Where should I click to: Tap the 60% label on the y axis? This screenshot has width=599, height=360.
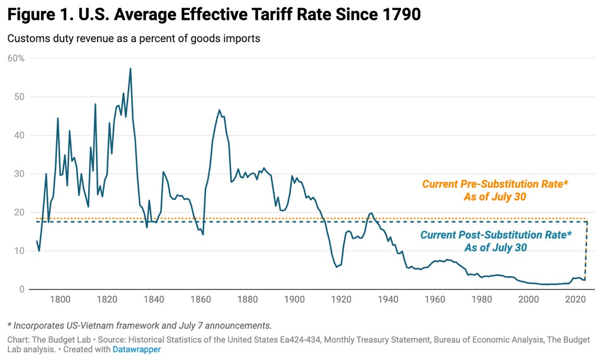click(x=16, y=58)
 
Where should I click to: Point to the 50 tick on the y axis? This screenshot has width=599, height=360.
click(x=19, y=97)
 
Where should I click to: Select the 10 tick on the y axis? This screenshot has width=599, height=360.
click(x=19, y=251)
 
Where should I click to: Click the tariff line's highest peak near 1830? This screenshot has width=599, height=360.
click(x=130, y=68)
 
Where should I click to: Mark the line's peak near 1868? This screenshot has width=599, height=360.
click(x=219, y=110)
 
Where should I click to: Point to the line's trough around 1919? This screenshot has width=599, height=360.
click(x=337, y=267)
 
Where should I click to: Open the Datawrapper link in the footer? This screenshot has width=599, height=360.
click(x=137, y=350)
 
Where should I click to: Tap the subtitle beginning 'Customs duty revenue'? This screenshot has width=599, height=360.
click(x=133, y=39)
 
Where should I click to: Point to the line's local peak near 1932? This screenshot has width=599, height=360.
click(x=371, y=213)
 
